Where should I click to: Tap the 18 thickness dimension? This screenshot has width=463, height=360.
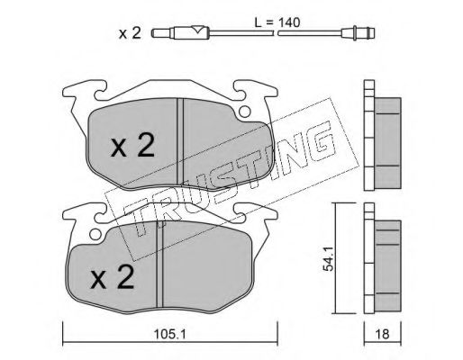coord(382,335)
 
